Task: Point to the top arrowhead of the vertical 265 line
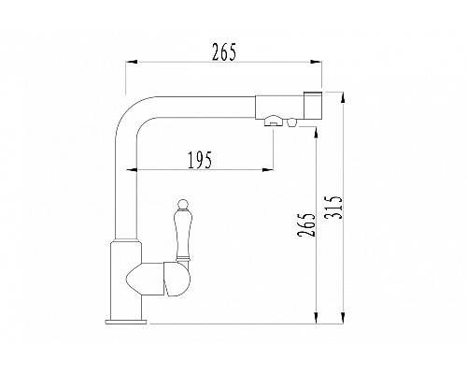(319, 131)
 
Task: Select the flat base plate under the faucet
(126, 321)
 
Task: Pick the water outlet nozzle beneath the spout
(276, 120)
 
